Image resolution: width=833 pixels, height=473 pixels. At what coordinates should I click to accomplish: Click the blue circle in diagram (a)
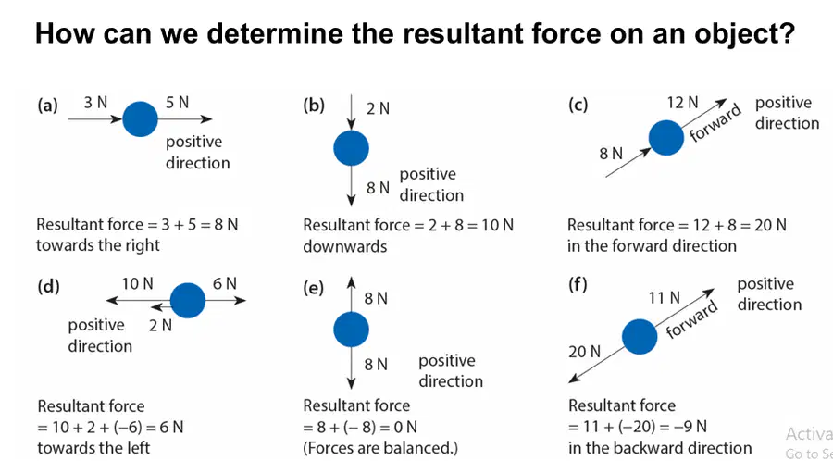click(x=141, y=119)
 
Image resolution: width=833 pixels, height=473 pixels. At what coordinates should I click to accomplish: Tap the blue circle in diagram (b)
click(x=351, y=148)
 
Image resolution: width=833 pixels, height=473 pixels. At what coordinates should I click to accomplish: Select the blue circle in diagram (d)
click(x=188, y=300)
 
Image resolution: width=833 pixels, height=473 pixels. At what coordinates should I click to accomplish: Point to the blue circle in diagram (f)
click(x=640, y=336)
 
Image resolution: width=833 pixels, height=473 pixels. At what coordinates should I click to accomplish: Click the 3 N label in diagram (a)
click(x=95, y=102)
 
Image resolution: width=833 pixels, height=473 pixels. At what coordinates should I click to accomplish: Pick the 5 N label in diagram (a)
click(x=177, y=102)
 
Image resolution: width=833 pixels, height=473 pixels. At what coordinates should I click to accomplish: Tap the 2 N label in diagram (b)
click(x=378, y=108)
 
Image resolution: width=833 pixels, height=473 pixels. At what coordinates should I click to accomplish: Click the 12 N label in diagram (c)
click(x=683, y=103)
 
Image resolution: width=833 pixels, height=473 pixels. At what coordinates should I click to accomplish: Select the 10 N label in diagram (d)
click(x=138, y=284)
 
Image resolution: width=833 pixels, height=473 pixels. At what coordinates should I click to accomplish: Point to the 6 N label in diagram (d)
click(x=225, y=284)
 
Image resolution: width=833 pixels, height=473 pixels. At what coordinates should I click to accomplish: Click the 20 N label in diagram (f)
click(x=584, y=352)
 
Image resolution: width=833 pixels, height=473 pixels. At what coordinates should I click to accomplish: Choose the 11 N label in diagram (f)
click(x=664, y=298)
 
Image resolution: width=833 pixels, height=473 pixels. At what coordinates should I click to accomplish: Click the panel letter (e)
click(x=314, y=288)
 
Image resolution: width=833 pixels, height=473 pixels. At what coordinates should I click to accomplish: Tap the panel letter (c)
click(x=578, y=105)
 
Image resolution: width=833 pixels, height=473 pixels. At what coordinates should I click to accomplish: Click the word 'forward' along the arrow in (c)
click(x=715, y=123)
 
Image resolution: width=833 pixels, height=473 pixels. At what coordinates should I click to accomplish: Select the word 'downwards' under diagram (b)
click(x=345, y=246)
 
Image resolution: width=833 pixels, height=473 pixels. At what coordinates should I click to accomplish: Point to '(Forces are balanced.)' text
click(x=380, y=448)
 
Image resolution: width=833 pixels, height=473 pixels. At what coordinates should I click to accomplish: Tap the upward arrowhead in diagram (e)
click(x=351, y=282)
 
